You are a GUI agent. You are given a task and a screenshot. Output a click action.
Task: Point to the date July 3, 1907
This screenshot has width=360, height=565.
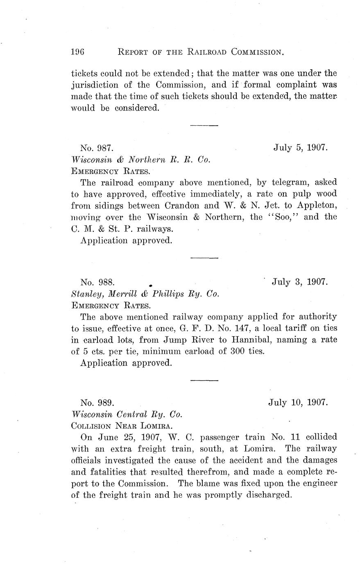pyautogui.click(x=300, y=282)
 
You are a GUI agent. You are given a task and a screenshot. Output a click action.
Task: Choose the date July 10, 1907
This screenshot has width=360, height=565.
pyautogui.click(x=298, y=402)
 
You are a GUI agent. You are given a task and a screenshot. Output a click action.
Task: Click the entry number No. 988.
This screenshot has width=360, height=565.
pyautogui.click(x=97, y=282)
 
